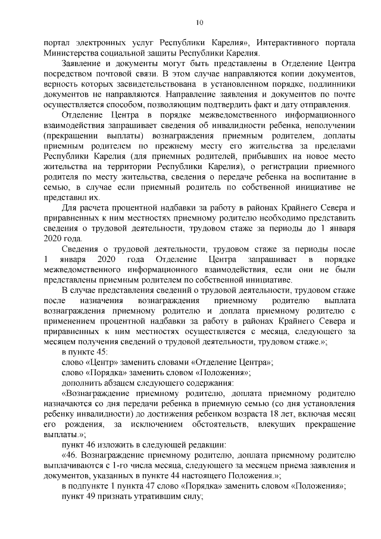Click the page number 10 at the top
point(199,23)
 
